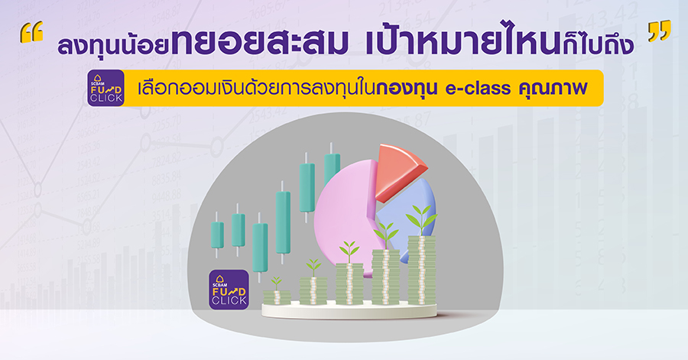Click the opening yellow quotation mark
tap(31, 32)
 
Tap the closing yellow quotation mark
tap(660, 31)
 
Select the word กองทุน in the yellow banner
tap(407, 88)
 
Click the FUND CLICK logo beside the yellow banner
tap(105, 88)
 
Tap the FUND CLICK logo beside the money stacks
tap(229, 290)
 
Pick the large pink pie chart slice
tap(345, 215)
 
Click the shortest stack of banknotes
tap(277, 297)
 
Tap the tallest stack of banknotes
tap(422, 270)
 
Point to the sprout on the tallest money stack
tap(421, 220)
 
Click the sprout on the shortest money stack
tap(276, 284)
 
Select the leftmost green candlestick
tap(217, 235)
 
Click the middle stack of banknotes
tap(349, 284)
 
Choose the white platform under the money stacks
tap(349, 311)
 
